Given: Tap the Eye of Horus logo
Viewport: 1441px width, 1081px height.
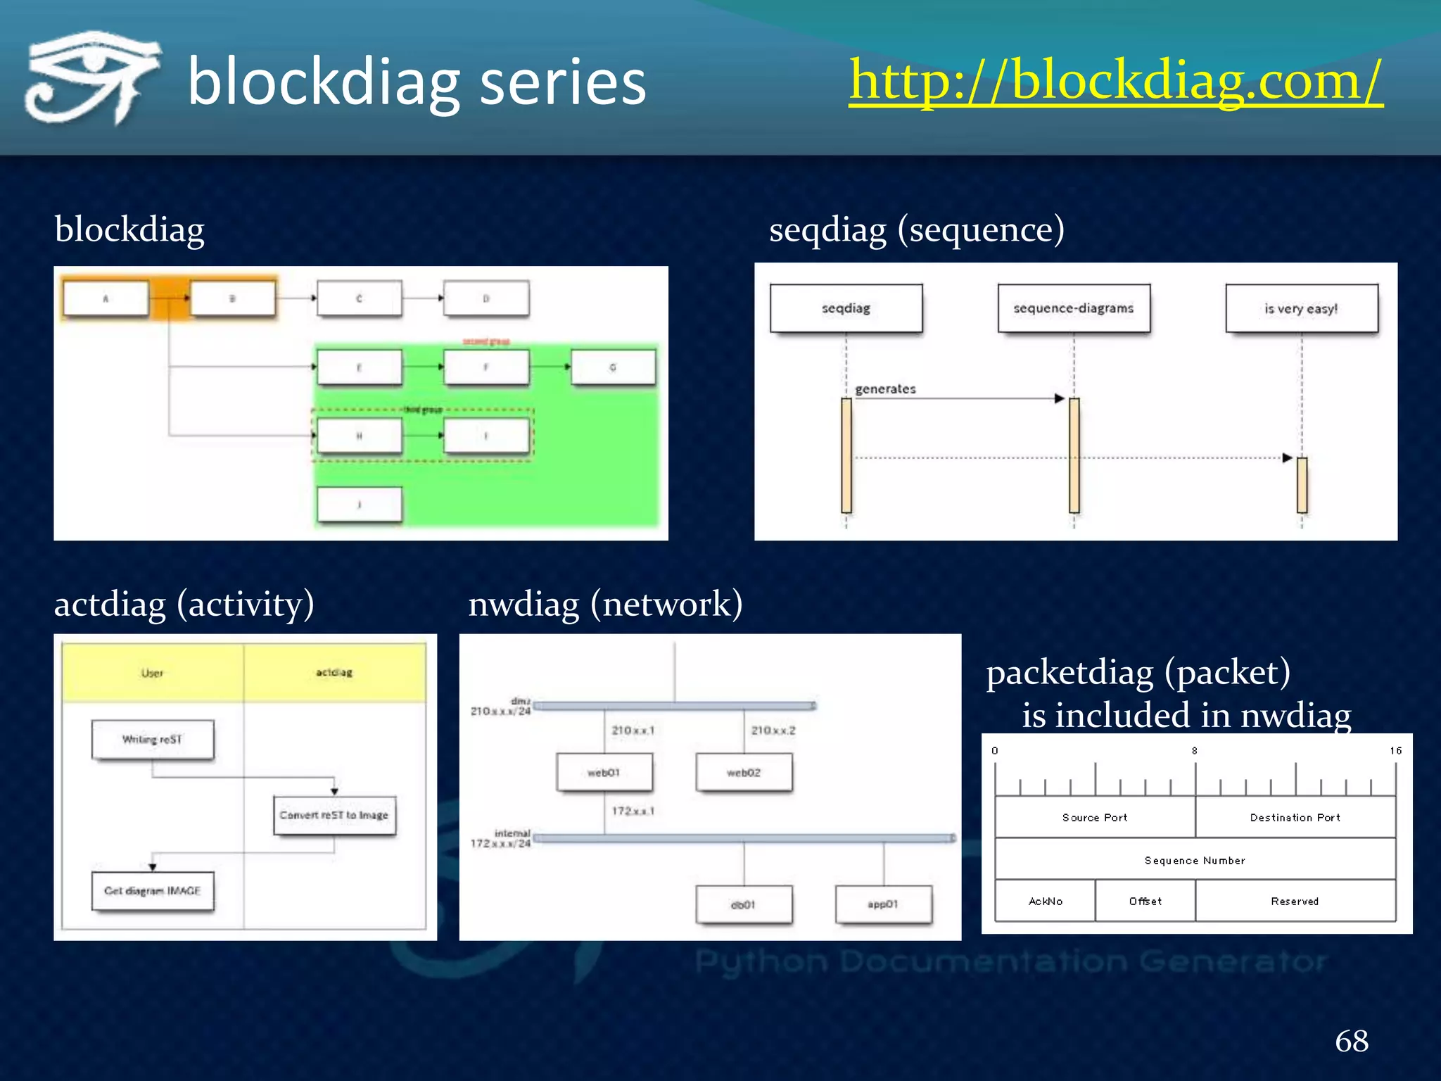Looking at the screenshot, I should [x=91, y=77].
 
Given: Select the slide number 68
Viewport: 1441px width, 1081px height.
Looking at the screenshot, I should [x=1352, y=1041].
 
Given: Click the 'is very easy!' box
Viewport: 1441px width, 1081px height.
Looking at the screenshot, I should [x=1301, y=308].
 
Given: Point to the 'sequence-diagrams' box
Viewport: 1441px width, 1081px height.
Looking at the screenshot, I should [x=1074, y=308].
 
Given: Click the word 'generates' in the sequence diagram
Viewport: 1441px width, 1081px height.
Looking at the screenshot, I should [x=885, y=389].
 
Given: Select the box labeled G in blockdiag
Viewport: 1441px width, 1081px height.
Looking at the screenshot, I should [x=613, y=367].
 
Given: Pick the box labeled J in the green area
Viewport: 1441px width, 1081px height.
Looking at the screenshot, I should [x=360, y=504].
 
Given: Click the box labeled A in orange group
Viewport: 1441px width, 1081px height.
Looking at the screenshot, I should [x=106, y=298].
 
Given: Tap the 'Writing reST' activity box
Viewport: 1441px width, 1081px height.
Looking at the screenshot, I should [x=153, y=740].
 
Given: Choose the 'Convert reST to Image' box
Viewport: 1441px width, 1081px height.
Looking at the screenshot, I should [x=334, y=815].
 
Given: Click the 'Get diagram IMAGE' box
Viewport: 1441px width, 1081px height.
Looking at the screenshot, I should [x=153, y=891].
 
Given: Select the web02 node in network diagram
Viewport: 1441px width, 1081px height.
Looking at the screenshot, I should [x=744, y=773].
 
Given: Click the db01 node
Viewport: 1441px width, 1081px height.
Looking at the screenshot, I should [x=744, y=904].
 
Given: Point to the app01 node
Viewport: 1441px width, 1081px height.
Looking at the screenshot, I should [x=883, y=904].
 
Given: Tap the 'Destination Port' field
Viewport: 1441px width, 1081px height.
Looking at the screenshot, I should [x=1295, y=817].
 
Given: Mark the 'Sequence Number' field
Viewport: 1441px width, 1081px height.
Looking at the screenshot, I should [x=1195, y=860].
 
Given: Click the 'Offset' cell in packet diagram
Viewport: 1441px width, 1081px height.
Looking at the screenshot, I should [x=1145, y=901].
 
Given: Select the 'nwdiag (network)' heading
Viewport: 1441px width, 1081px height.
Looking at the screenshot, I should [x=605, y=604].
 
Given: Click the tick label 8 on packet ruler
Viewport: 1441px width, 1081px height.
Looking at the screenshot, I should [x=1194, y=751].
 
